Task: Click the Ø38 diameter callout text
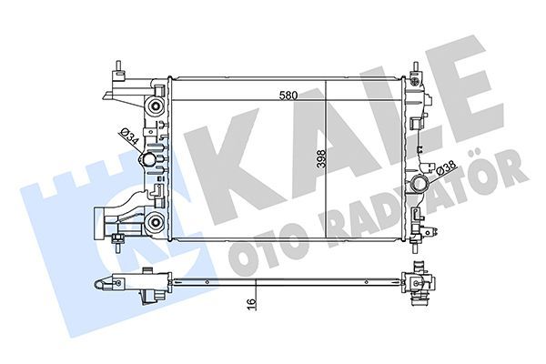(x=445, y=167)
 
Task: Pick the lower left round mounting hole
(x=155, y=223)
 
